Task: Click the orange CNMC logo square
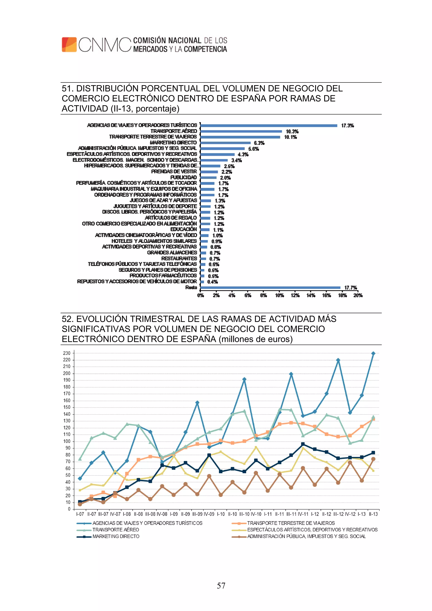coord(69,45)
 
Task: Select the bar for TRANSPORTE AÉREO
coord(241,131)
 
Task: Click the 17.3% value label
coord(347,126)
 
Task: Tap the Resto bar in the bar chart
coord(270,287)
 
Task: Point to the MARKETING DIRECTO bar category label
coord(173,143)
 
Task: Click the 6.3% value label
coord(259,143)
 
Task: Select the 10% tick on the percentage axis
coord(279,295)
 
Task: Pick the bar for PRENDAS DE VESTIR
coord(209,172)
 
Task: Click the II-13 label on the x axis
coord(373,514)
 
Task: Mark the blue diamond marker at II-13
coord(373,353)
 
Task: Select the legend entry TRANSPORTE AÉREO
coord(116,530)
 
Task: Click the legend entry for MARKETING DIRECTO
coord(116,536)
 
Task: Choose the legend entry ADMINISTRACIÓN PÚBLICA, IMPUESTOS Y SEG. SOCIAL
coord(306,536)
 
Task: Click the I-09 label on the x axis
coord(174,514)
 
